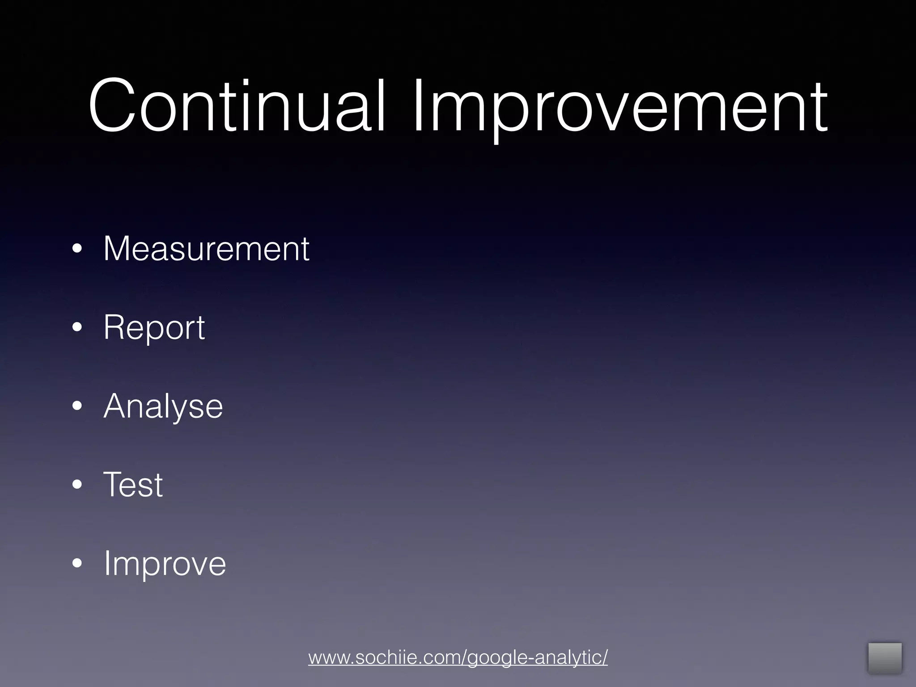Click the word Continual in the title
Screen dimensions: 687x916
coord(236,106)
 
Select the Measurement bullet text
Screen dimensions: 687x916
coord(206,249)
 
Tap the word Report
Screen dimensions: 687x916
coord(154,328)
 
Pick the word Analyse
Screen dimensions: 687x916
coord(163,406)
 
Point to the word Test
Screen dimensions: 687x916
coord(133,484)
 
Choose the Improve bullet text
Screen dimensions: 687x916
coord(165,564)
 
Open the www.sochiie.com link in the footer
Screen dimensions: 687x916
coord(458,657)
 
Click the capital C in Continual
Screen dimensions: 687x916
coord(112,106)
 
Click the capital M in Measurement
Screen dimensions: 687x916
coord(117,249)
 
